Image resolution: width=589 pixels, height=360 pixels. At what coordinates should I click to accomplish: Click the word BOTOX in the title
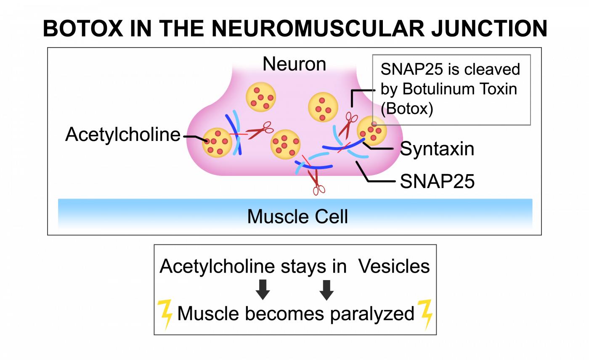(83, 28)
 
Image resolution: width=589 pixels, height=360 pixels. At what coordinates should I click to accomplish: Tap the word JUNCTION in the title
(489, 28)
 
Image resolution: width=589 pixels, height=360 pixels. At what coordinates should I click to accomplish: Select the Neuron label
(294, 64)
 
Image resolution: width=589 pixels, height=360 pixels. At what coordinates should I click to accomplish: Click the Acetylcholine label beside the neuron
(123, 135)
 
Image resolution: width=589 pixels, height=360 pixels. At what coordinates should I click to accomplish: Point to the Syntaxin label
(437, 149)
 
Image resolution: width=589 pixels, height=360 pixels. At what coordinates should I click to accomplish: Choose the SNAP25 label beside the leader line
(437, 181)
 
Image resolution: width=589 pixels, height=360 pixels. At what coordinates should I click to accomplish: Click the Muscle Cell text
(297, 217)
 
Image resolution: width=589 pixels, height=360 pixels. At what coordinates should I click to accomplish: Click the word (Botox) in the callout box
(407, 109)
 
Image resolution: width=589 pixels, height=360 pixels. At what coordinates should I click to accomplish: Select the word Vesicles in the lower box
(394, 267)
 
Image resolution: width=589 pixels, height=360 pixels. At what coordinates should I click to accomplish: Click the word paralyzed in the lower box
(372, 314)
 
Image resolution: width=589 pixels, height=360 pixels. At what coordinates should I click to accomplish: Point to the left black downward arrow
(263, 290)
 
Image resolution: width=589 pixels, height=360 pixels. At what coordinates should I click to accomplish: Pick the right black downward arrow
(326, 290)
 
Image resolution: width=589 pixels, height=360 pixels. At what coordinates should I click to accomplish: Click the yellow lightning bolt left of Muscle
(165, 314)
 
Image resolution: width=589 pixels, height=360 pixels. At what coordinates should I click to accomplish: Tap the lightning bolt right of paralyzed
(425, 314)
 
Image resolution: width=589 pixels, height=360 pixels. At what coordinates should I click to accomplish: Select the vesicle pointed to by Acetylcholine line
(217, 143)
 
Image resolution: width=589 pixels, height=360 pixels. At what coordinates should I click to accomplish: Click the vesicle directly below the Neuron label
(261, 97)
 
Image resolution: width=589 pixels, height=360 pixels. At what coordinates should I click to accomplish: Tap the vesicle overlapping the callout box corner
(371, 131)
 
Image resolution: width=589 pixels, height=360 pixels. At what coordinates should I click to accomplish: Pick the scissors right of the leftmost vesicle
(260, 130)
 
